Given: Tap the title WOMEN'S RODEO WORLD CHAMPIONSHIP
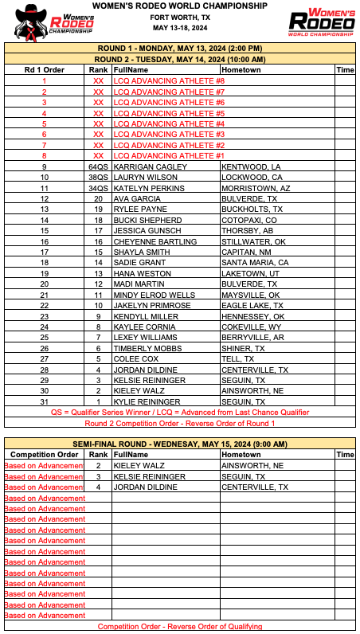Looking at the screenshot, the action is pos(179,6).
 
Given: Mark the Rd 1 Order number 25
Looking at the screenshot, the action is pos(45,338).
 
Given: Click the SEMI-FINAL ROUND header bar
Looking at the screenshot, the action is pos(179,444).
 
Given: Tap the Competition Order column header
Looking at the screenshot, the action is pos(45,455).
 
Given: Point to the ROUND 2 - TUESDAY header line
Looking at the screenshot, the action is pos(179,59).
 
